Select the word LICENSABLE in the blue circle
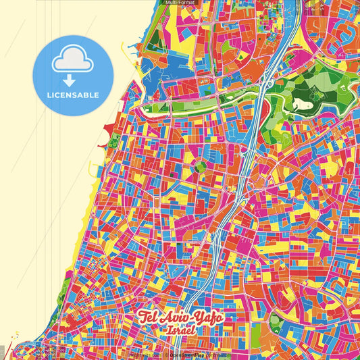click(73, 95)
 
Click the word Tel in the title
click(149, 317)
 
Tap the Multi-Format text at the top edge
click(180, 3)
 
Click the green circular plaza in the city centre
click(200, 166)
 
